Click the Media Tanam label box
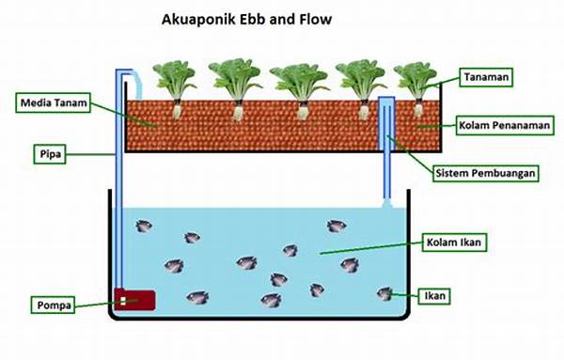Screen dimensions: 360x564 tap(55, 103)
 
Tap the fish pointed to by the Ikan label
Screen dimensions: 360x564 tap(385, 294)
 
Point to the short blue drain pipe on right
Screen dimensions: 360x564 tap(386, 150)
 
